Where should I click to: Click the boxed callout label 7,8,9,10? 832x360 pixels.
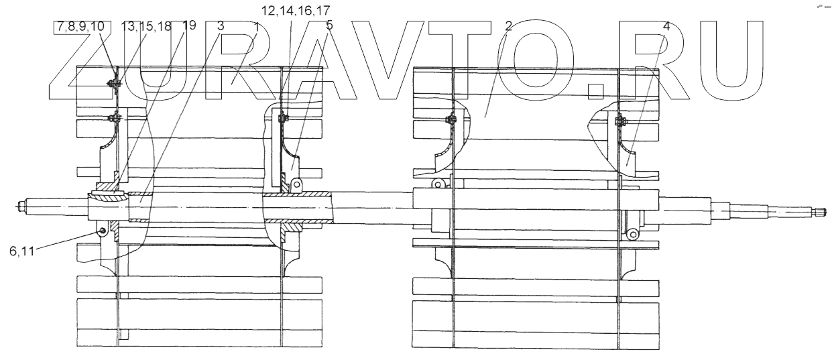tap(80, 27)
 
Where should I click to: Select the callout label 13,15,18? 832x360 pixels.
tap(145, 27)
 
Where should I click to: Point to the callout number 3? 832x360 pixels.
tap(221, 27)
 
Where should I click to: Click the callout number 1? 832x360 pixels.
tap(257, 27)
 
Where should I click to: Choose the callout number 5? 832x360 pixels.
tap(329, 27)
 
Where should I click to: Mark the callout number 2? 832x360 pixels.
tap(509, 27)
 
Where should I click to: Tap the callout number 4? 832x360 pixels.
tap(666, 27)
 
